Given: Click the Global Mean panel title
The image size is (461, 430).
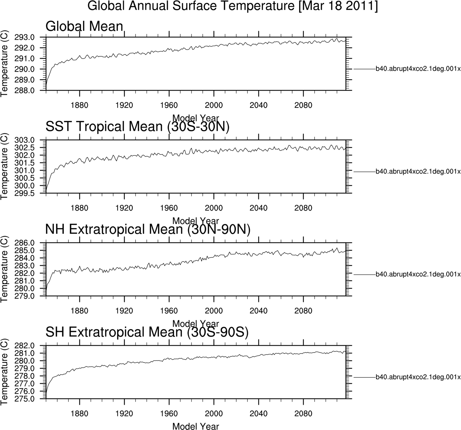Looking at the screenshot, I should coord(84,26).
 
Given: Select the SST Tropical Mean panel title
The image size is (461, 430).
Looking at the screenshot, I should coord(138,126).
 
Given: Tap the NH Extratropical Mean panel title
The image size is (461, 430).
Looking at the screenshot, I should coord(148,229).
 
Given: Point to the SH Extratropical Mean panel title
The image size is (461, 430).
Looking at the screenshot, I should coord(147,332).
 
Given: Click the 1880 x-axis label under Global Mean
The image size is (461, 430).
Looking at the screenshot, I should coord(80,105).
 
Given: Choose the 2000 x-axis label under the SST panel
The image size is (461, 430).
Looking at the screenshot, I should coord(214,208).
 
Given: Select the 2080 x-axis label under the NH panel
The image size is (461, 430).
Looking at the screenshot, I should coord(303,311).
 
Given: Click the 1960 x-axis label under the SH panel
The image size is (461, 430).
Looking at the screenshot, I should coord(169,414).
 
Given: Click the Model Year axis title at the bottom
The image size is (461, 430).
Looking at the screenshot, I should coord(196,426).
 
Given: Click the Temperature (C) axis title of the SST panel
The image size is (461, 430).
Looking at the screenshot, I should coord(4,166).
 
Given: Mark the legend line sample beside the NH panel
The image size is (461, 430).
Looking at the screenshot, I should coord(364,275).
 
